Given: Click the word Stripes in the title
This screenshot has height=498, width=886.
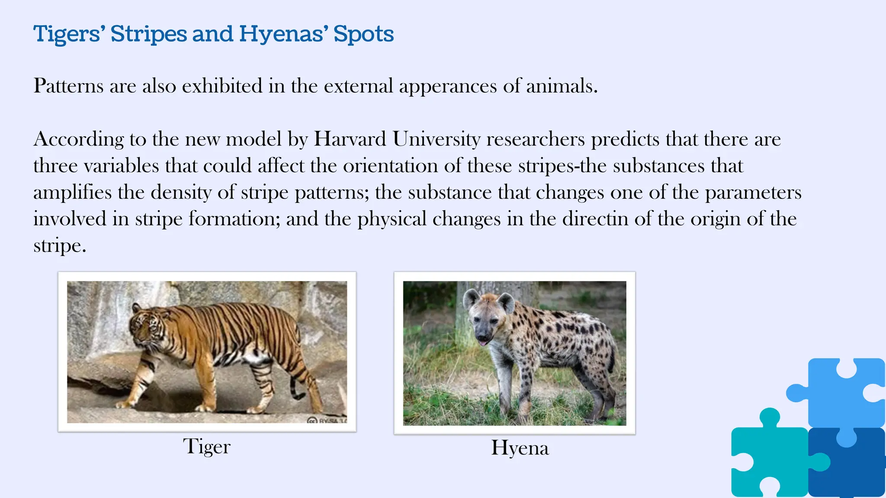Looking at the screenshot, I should pyautogui.click(x=148, y=34).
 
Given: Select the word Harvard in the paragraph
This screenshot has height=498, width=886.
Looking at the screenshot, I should pyautogui.click(x=350, y=139).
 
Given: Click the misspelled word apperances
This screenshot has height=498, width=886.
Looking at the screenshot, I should pyautogui.click(x=448, y=86).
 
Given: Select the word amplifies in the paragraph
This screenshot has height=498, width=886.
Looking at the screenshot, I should pyautogui.click(x=72, y=192).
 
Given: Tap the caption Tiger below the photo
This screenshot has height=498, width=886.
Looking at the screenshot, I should pyautogui.click(x=206, y=447).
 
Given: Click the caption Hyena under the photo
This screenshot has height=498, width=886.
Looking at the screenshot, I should pyautogui.click(x=520, y=448).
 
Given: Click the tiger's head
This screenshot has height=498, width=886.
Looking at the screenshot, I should pyautogui.click(x=145, y=329).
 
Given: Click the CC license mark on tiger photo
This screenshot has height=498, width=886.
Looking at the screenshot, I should pyautogui.click(x=312, y=420).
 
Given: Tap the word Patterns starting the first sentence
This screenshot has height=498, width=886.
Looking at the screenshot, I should pyautogui.click(x=68, y=86).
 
